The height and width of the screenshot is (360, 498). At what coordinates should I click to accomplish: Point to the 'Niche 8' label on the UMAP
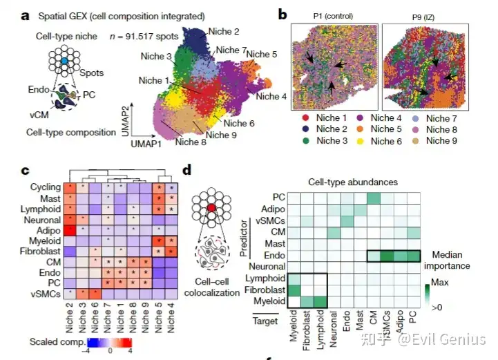click(190, 142)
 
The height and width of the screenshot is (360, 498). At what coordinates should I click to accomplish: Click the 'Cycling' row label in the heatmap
click(44, 187)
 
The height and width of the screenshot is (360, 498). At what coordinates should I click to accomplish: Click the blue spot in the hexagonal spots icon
click(64, 61)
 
